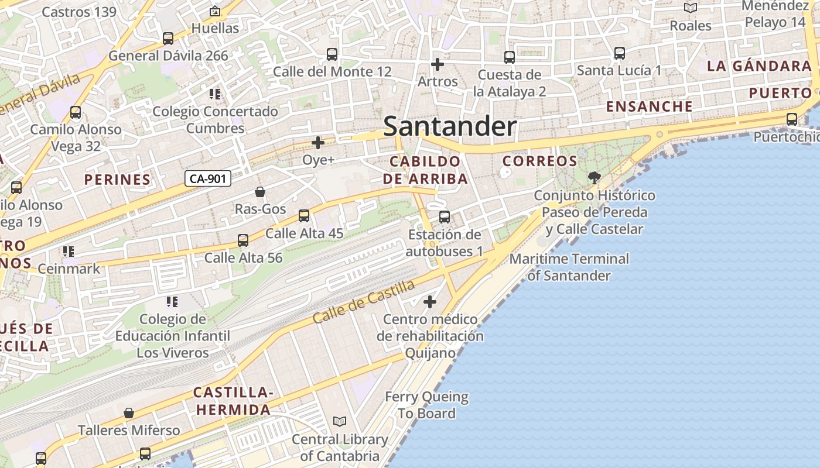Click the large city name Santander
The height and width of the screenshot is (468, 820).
click(x=450, y=127)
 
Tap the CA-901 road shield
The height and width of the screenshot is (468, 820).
click(x=208, y=178)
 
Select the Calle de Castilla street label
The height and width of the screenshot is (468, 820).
click(x=363, y=302)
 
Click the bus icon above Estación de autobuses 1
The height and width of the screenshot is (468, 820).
click(x=445, y=217)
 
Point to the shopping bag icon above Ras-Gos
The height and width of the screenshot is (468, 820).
click(x=260, y=192)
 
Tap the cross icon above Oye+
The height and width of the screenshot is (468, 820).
click(x=318, y=143)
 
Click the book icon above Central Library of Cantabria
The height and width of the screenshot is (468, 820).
click(x=340, y=421)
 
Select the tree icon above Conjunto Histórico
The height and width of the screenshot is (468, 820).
click(x=594, y=177)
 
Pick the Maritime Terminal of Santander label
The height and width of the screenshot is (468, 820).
click(x=569, y=267)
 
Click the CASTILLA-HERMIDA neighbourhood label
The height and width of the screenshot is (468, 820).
click(x=234, y=401)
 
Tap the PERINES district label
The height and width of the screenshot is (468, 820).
click(x=117, y=180)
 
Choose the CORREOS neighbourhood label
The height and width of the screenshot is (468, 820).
click(x=540, y=161)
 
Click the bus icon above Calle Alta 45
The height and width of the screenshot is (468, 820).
click(x=304, y=216)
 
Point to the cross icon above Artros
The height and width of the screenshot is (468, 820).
click(x=437, y=64)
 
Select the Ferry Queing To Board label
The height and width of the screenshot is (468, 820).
click(x=426, y=405)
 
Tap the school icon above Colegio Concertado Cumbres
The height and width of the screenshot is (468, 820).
click(x=215, y=94)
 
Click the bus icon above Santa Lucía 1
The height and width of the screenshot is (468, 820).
click(x=620, y=53)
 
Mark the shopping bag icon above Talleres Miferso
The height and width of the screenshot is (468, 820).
click(x=129, y=414)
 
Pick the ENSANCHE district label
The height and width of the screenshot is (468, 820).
click(x=650, y=106)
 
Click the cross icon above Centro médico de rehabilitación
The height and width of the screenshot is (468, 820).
click(x=430, y=302)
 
